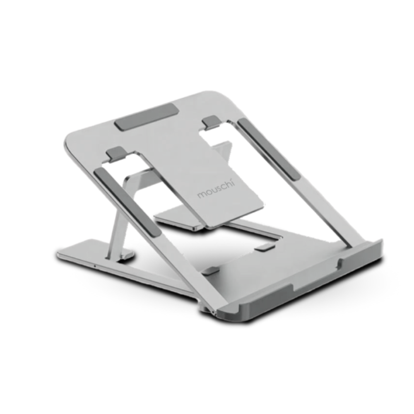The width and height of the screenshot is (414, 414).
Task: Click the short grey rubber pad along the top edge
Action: (x=147, y=117)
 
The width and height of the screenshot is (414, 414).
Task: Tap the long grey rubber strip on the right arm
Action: (x=269, y=149)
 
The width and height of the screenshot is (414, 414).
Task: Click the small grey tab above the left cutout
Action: (x=115, y=154)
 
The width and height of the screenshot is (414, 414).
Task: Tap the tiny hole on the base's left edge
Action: (x=94, y=265)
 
